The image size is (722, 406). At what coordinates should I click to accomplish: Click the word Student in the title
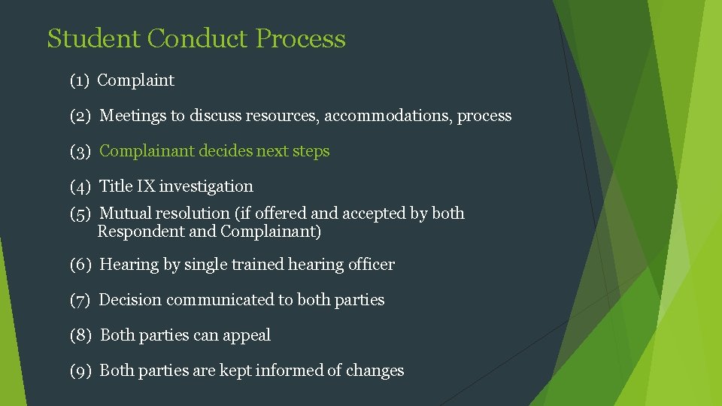tap(94, 38)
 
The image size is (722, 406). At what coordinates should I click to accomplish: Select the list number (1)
tap(80, 80)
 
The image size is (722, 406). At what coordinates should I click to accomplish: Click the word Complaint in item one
tap(136, 80)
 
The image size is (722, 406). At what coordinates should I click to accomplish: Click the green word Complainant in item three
tap(147, 151)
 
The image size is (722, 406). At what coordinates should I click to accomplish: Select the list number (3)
tap(80, 151)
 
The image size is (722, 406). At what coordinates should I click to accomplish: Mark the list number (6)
tap(80, 265)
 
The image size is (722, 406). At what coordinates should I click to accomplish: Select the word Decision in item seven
tap(131, 300)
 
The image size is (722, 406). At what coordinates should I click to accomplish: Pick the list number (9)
tap(80, 371)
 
